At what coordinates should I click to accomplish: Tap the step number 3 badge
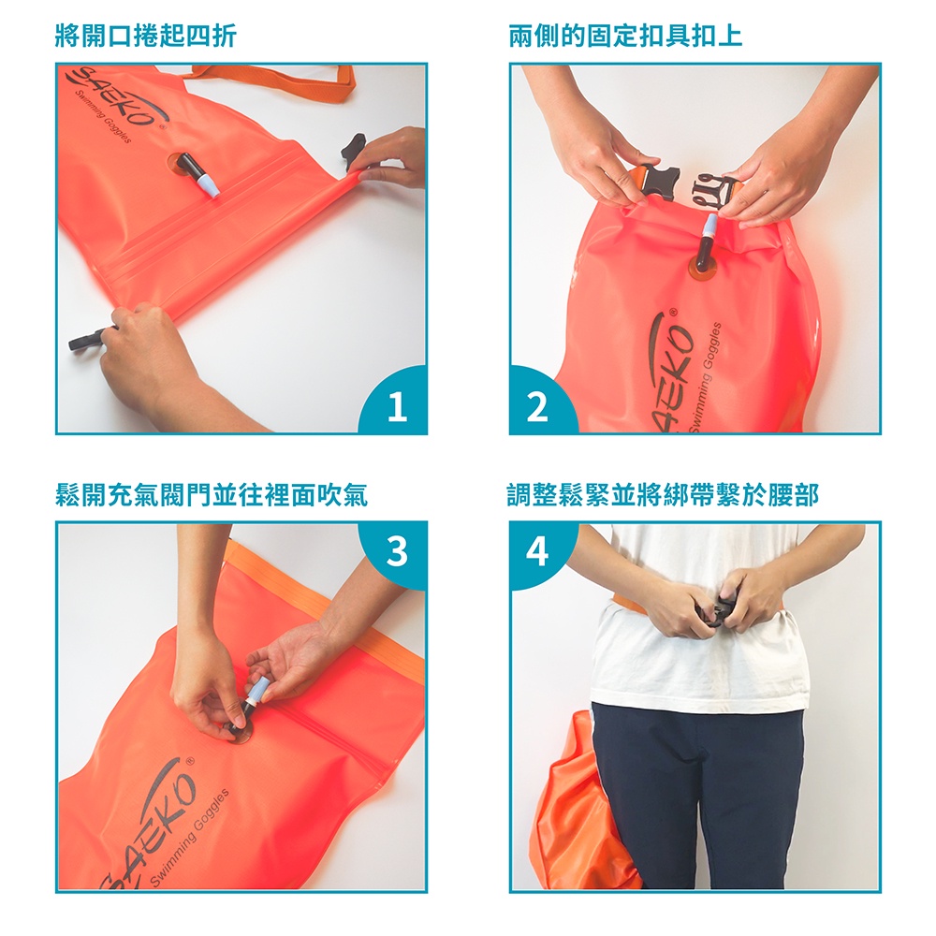coord(397,551)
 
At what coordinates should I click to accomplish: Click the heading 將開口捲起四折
coord(146,36)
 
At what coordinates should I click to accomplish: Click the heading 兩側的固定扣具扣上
coord(626,36)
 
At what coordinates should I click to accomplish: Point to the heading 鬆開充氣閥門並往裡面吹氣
coord(212,494)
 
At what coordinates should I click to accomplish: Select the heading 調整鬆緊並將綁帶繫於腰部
coord(663,494)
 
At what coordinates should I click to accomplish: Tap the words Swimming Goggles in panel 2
coord(705,376)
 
